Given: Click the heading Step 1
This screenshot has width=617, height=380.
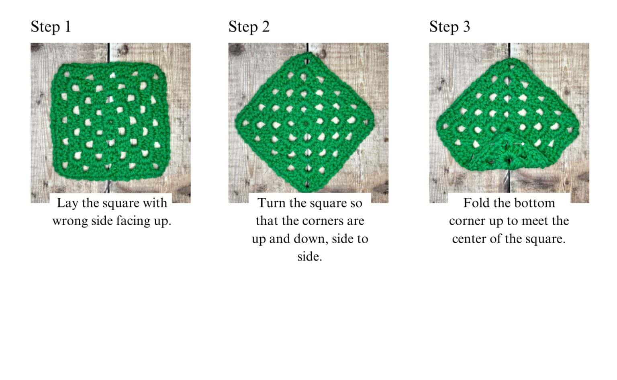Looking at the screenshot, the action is (51, 27).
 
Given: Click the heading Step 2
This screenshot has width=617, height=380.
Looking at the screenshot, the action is (249, 27).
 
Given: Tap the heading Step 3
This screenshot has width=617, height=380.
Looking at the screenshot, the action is (449, 27).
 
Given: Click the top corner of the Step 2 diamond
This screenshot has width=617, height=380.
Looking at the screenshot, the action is (308, 53).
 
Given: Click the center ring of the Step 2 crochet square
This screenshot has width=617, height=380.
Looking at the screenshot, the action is (305, 123).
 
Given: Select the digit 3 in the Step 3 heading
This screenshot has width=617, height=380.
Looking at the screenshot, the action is (466, 27).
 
